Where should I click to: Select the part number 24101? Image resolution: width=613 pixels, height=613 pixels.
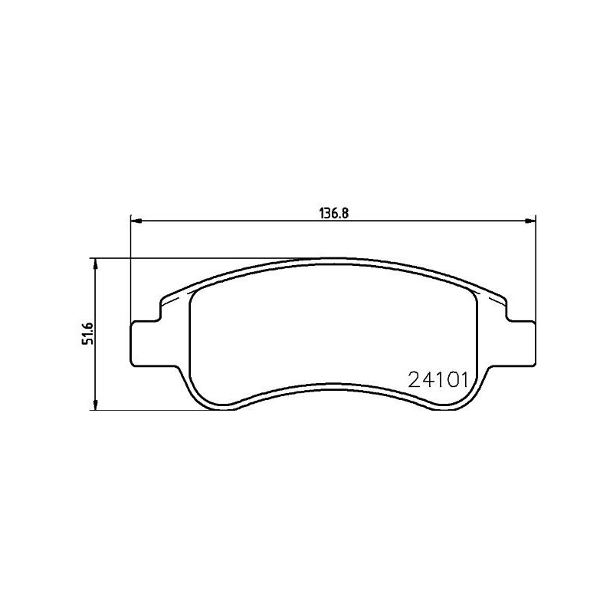click(x=438, y=379)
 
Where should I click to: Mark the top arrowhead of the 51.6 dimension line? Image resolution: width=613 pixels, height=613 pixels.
click(x=96, y=263)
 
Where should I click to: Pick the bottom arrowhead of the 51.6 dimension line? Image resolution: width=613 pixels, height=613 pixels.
click(x=96, y=405)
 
